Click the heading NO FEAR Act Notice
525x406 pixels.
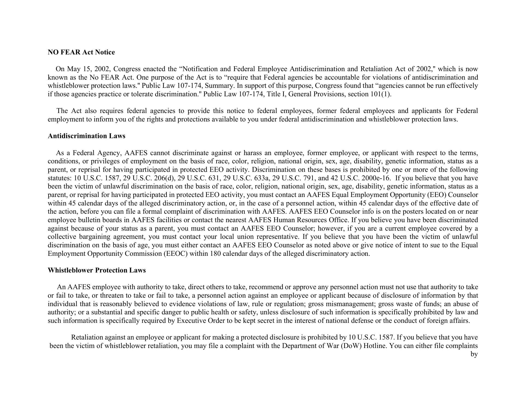tap(81, 52)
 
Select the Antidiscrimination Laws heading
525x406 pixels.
tap(86, 136)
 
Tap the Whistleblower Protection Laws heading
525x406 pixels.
tap(97, 270)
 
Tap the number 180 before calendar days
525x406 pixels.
tap(215, 254)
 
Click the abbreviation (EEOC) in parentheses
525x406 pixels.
tap(176, 254)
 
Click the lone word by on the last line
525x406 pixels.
tap(474, 354)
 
